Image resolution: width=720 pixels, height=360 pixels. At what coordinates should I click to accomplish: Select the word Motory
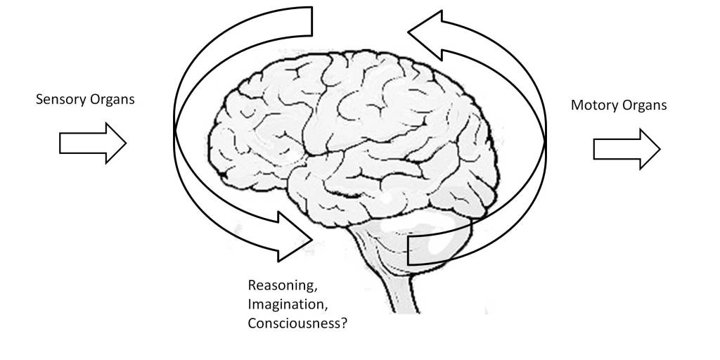point(594,105)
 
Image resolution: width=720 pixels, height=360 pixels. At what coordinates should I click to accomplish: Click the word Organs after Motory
point(643,106)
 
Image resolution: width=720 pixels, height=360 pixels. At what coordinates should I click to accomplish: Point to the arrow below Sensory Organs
point(92,143)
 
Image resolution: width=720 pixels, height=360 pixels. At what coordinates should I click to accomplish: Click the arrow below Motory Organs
point(626,149)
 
